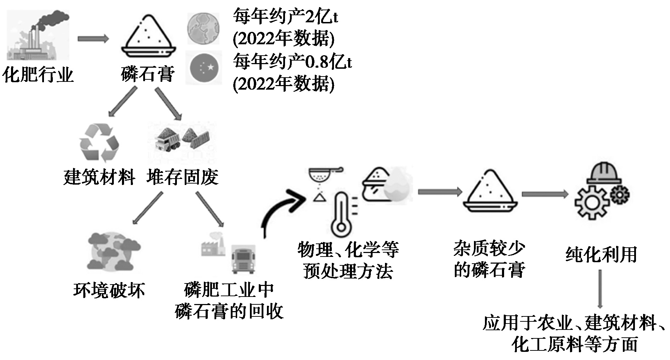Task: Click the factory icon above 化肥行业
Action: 38,35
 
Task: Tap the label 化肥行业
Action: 38,75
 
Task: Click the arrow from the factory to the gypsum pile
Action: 93,39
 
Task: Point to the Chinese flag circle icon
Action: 204,68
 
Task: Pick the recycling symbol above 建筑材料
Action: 99,143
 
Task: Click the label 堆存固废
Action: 182,177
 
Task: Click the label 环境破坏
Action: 109,290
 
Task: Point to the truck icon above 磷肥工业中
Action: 244,259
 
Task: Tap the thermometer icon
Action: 341,215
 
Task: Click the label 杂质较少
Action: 489,249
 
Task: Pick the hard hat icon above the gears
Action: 604,174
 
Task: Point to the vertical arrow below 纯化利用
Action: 600,289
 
